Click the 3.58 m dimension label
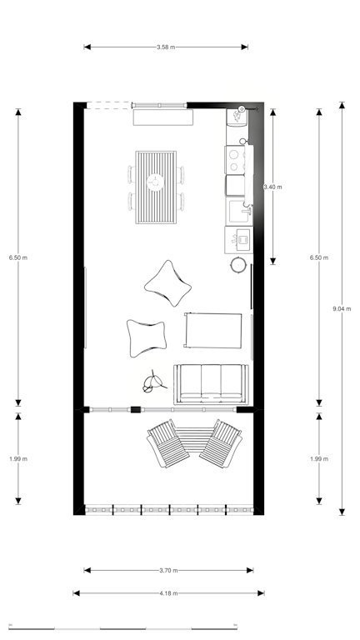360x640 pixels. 166,47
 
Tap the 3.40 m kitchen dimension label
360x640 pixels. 272,187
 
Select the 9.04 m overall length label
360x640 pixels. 342,308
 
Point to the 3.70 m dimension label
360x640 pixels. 168,570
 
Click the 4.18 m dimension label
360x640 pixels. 168,593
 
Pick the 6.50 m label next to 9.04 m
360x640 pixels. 319,257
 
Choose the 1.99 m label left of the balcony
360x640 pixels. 18,459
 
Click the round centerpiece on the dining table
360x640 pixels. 155,182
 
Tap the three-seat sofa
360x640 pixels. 211,384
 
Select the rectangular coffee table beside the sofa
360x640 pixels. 213,330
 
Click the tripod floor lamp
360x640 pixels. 153,382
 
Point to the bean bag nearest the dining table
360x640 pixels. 167,282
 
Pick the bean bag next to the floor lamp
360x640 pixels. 147,338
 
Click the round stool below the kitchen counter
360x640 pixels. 238,264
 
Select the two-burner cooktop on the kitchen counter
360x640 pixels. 235,160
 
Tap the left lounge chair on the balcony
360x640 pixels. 168,443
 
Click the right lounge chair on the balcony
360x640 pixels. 221,443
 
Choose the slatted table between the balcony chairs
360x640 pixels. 194,440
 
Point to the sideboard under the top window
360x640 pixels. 162,117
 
